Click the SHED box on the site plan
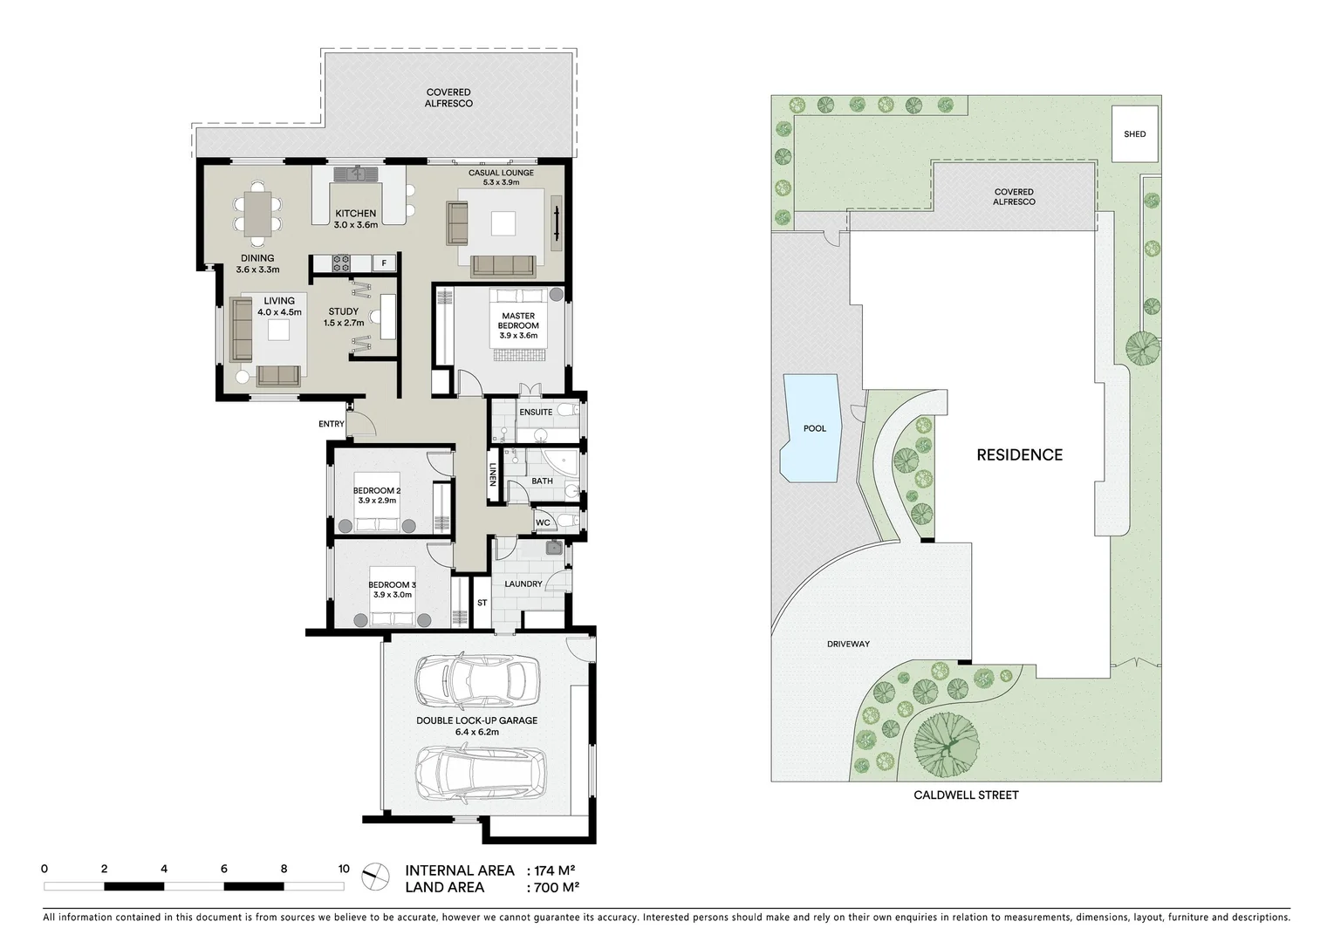[1134, 134]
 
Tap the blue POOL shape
[811, 428]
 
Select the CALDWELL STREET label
[966, 795]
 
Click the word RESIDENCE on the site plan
[1019, 454]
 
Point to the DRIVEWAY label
[848, 644]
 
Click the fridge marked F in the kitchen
[383, 263]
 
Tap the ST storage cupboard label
[482, 603]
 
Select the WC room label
[543, 522]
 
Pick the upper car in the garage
[475, 679]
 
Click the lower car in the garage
[475, 772]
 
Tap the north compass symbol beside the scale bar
[375, 877]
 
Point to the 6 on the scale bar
[224, 869]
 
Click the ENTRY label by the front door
[332, 424]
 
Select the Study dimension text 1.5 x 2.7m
[343, 323]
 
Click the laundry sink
[553, 548]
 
